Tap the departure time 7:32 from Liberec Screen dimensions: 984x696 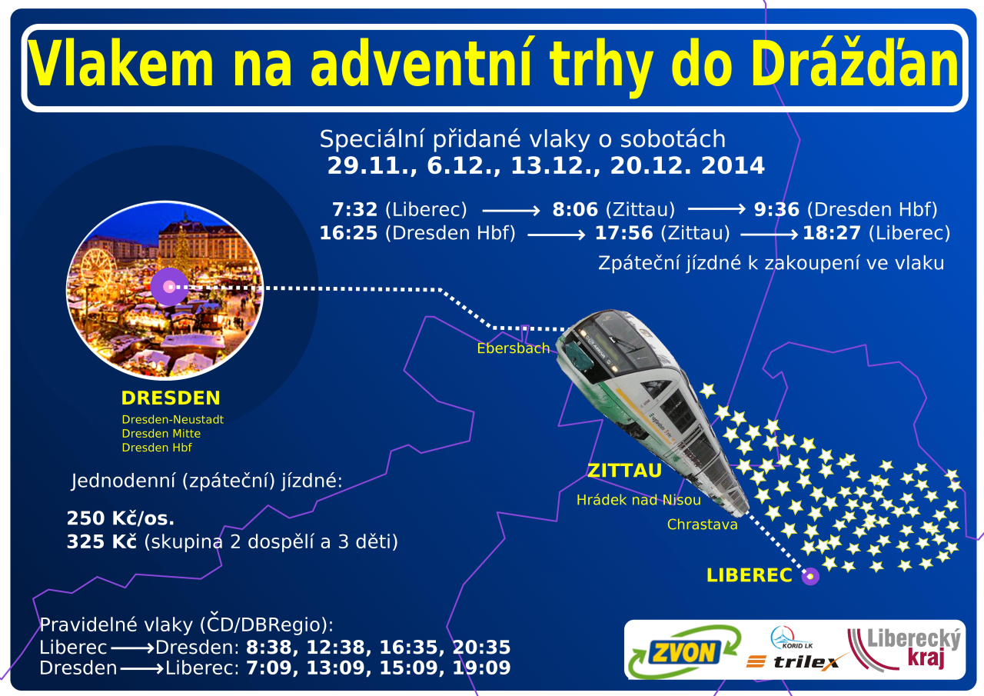pyautogui.click(x=354, y=210)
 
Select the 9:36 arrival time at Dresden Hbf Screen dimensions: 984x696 pyautogui.click(x=776, y=210)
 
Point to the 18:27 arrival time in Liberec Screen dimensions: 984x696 pyautogui.click(x=832, y=233)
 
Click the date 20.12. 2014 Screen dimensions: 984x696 pyautogui.click(x=687, y=165)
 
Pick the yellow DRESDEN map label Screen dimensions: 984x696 pyautogui.click(x=171, y=398)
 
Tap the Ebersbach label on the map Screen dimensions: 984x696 pyautogui.click(x=513, y=348)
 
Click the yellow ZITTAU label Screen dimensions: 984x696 pyautogui.click(x=624, y=471)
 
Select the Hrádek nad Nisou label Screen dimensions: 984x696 pyautogui.click(x=638, y=500)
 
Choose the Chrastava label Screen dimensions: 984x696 pyautogui.click(x=702, y=524)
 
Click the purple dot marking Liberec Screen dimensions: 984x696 pyautogui.click(x=810, y=576)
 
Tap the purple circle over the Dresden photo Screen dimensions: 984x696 pyautogui.click(x=170, y=287)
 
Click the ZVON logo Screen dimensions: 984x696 pyautogui.click(x=684, y=652)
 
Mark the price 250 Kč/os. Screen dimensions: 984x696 pyautogui.click(x=121, y=518)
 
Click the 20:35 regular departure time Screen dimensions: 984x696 pyautogui.click(x=481, y=648)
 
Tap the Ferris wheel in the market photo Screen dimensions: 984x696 pyautogui.click(x=98, y=266)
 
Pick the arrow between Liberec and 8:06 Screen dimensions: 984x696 pyautogui.click(x=511, y=211)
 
